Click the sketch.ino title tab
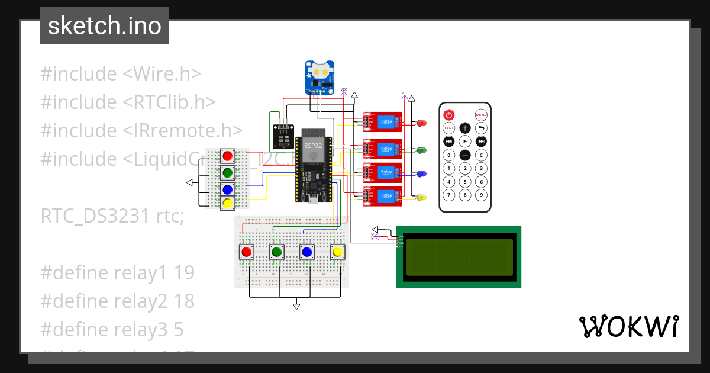(x=105, y=26)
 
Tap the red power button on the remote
(x=449, y=114)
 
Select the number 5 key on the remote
(x=465, y=182)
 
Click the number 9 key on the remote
(x=482, y=195)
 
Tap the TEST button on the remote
(x=449, y=128)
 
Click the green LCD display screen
(x=459, y=257)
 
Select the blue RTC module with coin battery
(x=320, y=77)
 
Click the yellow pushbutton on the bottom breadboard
(x=337, y=252)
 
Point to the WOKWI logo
(x=628, y=326)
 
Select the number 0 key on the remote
(x=449, y=155)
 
